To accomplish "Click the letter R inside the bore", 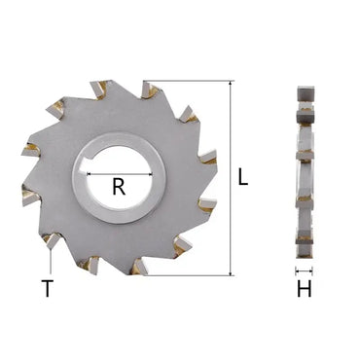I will click(119, 188).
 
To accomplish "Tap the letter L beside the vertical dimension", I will click(243, 179).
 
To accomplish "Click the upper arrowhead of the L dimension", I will click(230, 86).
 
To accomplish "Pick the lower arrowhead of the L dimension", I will click(230, 271).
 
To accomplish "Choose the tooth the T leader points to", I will click(49, 237).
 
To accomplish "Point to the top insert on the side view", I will click(304, 92).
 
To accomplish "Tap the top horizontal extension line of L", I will click(190, 82).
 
